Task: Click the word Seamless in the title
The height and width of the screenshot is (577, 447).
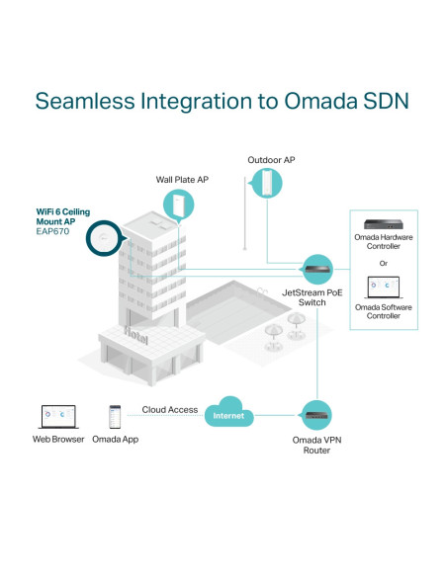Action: pyautogui.click(x=85, y=101)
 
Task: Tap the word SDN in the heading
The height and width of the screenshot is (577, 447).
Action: pyautogui.click(x=386, y=101)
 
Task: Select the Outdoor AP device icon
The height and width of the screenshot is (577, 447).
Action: pyautogui.click(x=266, y=183)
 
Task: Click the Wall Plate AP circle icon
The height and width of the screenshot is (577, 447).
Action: pyautogui.click(x=179, y=205)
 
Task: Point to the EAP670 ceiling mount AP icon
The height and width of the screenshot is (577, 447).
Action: pyautogui.click(x=104, y=238)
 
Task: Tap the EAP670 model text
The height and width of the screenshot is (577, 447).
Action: pyautogui.click(x=52, y=231)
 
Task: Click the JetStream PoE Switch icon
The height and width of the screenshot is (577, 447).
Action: pyautogui.click(x=316, y=270)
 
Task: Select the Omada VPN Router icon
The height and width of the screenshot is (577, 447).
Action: pyautogui.click(x=316, y=415)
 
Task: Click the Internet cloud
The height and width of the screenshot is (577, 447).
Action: pyautogui.click(x=228, y=412)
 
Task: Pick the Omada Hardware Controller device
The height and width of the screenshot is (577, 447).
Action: pyautogui.click(x=384, y=224)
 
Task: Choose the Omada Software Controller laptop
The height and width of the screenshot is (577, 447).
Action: pyautogui.click(x=384, y=288)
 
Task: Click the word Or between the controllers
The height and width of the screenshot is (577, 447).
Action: pyautogui.click(x=384, y=264)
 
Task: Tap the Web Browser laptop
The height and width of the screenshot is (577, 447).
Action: pyautogui.click(x=58, y=417)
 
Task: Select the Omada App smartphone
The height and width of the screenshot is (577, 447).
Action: pyautogui.click(x=115, y=417)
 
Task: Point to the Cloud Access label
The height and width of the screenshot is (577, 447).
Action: pyautogui.click(x=170, y=410)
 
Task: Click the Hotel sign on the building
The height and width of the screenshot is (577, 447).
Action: pyautogui.click(x=136, y=335)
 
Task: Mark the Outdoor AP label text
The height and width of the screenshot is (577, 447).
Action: pyautogui.click(x=271, y=160)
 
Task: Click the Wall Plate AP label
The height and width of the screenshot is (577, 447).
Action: pyautogui.click(x=182, y=180)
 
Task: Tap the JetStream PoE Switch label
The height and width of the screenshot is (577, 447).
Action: pyautogui.click(x=313, y=297)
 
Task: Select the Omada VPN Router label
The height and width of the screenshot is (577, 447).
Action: pyautogui.click(x=316, y=446)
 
